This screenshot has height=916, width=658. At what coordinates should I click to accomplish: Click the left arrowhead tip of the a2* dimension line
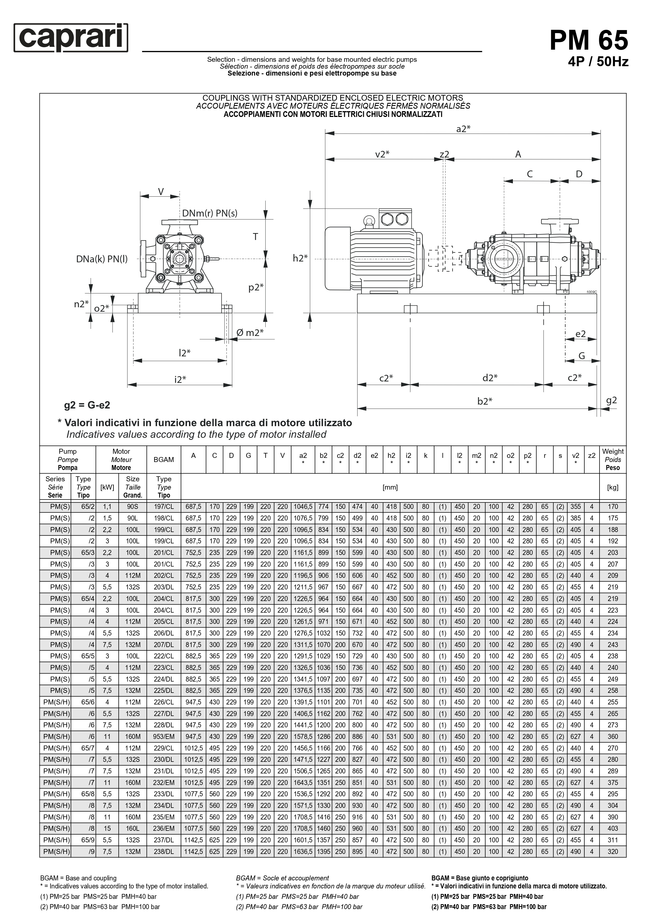click(325, 133)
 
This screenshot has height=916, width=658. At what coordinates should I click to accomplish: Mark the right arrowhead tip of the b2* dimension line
click(596, 409)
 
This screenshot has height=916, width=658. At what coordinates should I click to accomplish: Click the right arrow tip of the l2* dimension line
click(227, 360)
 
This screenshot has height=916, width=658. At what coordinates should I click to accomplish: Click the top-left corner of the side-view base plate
click(358, 294)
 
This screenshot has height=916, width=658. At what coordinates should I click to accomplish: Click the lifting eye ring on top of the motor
click(369, 221)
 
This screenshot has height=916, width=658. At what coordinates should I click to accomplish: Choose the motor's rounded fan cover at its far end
click(337, 258)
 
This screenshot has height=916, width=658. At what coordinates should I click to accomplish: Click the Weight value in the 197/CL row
click(612, 506)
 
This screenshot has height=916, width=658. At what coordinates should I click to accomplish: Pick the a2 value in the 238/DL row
click(303, 851)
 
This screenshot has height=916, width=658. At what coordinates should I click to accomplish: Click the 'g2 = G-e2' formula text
click(87, 405)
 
